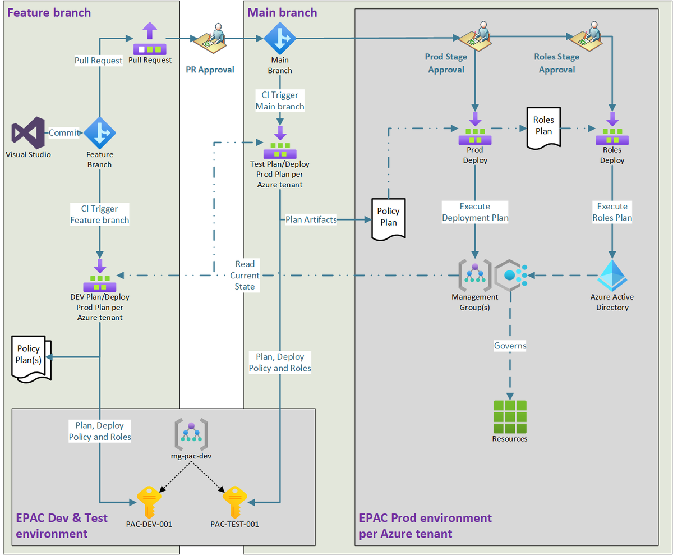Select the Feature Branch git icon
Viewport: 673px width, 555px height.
100,133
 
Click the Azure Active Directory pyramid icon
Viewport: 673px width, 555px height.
612,275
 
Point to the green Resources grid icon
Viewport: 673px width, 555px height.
509,416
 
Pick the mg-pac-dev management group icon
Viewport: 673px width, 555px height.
192,435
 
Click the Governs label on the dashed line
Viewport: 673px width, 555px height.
510,346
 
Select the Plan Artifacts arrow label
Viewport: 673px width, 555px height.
311,219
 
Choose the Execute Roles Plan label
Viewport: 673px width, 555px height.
612,212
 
